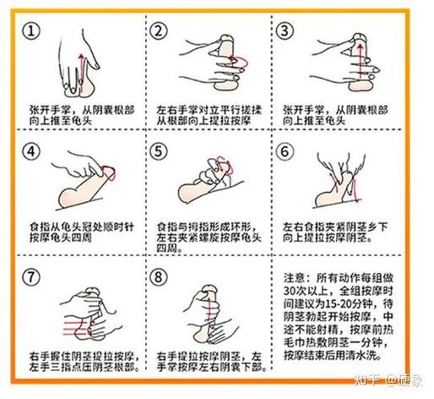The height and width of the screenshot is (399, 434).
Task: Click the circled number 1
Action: pos(32,32)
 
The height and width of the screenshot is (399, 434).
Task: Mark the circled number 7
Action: pos(32,276)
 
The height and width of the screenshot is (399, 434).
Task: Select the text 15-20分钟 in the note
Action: pos(342,304)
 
